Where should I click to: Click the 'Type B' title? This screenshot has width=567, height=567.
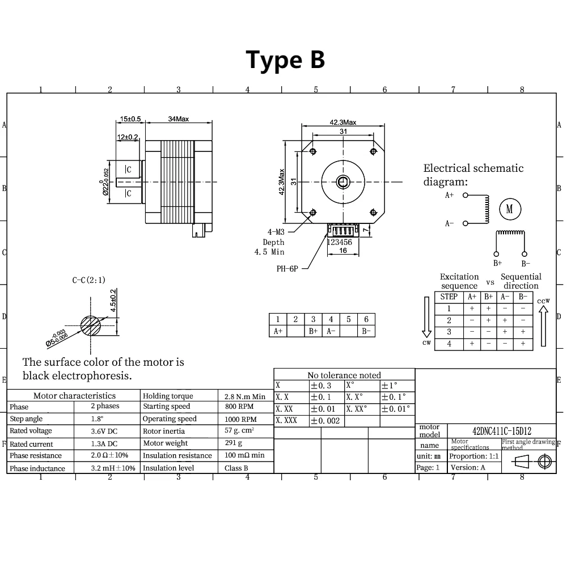tap(285, 60)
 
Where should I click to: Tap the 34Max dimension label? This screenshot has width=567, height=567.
tap(179, 119)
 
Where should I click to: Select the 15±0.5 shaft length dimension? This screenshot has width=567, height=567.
tap(130, 119)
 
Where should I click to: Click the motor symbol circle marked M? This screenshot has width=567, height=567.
tap(509, 209)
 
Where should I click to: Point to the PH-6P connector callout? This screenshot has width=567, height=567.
tap(287, 269)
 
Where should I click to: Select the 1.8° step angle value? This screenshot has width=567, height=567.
tap(97, 419)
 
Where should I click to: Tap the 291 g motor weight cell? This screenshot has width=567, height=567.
tap(233, 443)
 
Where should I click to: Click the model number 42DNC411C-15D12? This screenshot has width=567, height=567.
tap(502, 432)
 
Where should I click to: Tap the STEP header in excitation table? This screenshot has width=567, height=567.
tap(448, 297)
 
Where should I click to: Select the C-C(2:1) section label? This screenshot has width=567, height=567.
tap(88, 280)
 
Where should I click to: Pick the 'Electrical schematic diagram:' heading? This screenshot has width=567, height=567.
tap(473, 175)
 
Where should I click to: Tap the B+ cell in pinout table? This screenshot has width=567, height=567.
tap(313, 331)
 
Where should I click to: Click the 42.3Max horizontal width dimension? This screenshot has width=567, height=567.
tap(343, 122)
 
